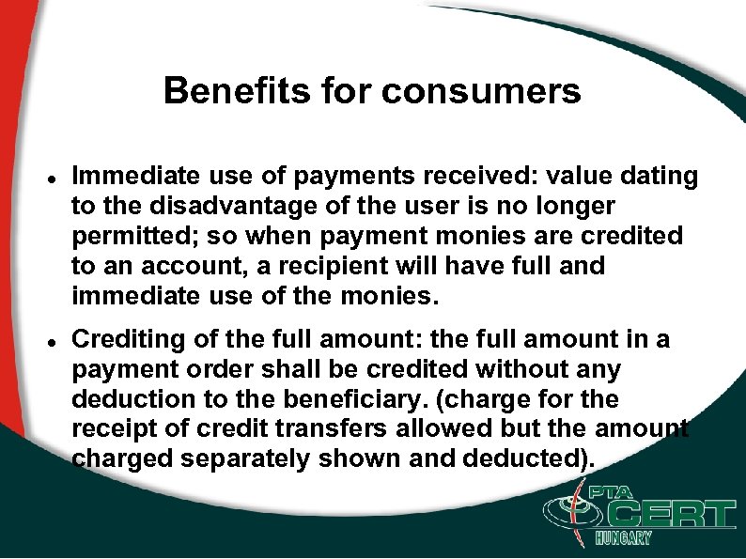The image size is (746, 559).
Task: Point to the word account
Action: (x=169, y=266)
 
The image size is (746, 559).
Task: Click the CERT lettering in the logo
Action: (x=662, y=516)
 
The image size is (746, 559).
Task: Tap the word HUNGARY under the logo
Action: (x=623, y=538)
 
